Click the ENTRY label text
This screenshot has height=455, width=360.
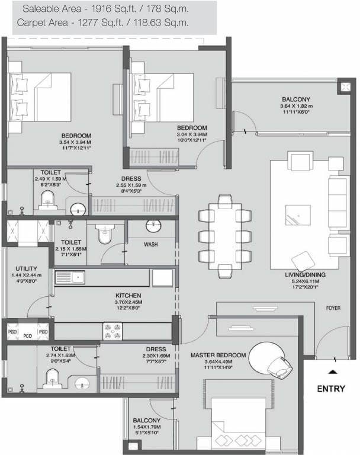pyautogui.click(x=331, y=389)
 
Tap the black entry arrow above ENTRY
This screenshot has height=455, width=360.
pyautogui.click(x=332, y=371)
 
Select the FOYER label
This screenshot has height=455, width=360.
pyautogui.click(x=333, y=308)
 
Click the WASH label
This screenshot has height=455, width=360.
pyautogui.click(x=150, y=244)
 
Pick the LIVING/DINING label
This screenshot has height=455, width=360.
pyautogui.click(x=305, y=275)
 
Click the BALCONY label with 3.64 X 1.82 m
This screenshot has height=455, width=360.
pyautogui.click(x=295, y=99)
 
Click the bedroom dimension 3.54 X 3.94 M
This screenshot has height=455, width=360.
pyautogui.click(x=75, y=143)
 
